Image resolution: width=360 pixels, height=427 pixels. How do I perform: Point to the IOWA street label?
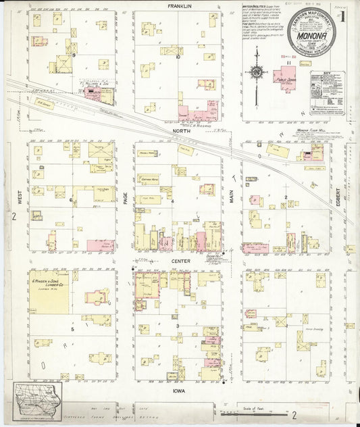tap(180, 390)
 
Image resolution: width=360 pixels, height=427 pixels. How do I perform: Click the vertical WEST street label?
tap(20, 197)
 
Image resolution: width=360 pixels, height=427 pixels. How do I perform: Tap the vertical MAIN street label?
tap(232, 197)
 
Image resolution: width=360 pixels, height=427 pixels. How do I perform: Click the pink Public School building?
tap(287, 78)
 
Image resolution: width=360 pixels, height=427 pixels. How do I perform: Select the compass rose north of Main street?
tap(257, 71)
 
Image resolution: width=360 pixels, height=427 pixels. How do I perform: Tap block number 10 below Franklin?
tap(178, 57)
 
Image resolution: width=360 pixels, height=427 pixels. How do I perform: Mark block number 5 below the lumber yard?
tap(71, 330)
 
